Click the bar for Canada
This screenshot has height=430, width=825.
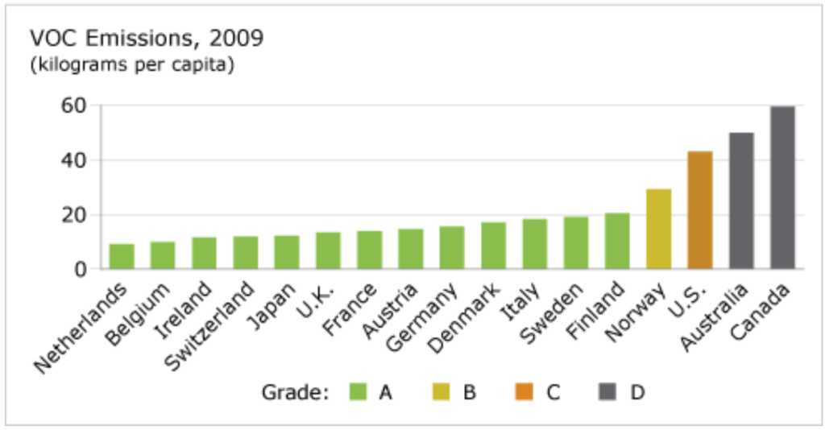(x=782, y=188)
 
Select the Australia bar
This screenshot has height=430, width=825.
(x=741, y=201)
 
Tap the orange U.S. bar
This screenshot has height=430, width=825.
(x=700, y=210)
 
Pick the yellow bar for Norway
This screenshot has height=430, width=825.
(x=659, y=229)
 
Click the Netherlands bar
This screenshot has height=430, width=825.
(x=122, y=257)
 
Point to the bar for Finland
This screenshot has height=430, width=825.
(x=617, y=241)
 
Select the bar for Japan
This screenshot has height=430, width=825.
(x=287, y=253)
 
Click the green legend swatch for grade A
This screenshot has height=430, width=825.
(x=359, y=392)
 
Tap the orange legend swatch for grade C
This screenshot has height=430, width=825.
(x=524, y=392)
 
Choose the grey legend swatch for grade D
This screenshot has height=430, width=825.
(x=608, y=392)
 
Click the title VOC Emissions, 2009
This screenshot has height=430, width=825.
(x=147, y=38)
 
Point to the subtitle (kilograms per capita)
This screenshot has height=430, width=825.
(x=131, y=64)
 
